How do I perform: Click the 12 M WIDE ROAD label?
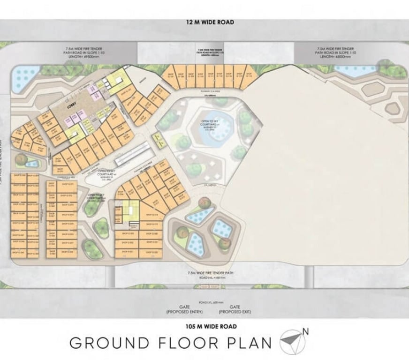pos(210,22)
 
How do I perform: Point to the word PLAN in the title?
pos(250,343)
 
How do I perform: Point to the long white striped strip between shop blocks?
pos(134,154)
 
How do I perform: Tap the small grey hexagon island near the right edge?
pos(393,109)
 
